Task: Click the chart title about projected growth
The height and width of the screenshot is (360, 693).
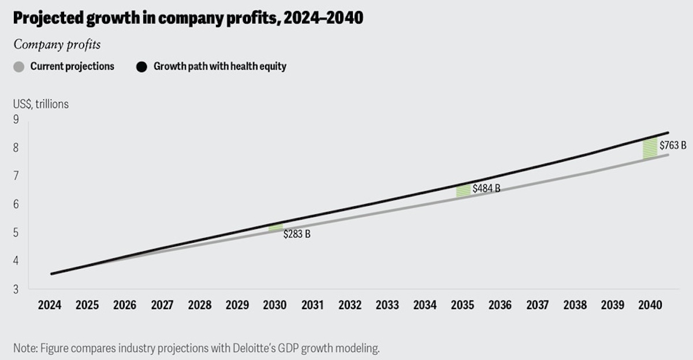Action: click(188, 18)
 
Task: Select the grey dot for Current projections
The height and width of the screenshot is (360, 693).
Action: click(19, 66)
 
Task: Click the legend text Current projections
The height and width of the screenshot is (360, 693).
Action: click(72, 66)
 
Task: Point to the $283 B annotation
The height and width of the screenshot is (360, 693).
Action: click(297, 235)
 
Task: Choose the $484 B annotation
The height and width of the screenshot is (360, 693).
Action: click(486, 188)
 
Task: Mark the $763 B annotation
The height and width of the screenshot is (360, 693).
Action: click(672, 145)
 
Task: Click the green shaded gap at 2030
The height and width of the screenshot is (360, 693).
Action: click(276, 228)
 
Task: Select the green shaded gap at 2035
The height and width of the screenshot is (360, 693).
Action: click(463, 190)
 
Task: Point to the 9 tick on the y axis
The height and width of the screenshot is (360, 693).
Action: click(16, 120)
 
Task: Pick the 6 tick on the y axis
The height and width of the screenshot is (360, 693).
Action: click(16, 204)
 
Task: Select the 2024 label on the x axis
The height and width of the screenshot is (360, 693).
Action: click(50, 305)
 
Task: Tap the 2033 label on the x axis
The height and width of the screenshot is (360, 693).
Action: click(387, 305)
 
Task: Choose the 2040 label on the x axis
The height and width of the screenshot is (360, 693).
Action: click(650, 305)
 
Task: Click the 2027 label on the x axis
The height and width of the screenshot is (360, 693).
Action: click(162, 305)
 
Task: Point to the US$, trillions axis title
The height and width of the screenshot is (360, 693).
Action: click(41, 105)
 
